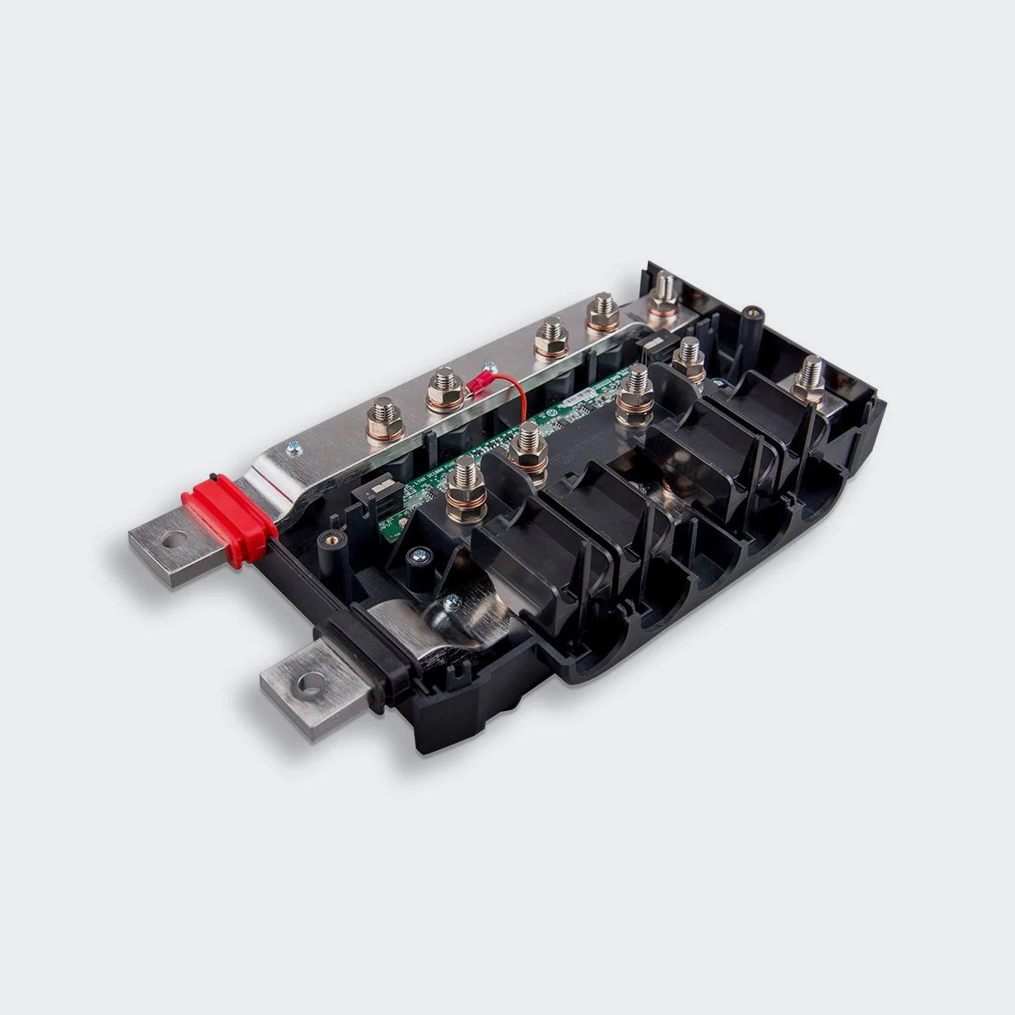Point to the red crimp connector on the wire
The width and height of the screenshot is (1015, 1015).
(479, 390)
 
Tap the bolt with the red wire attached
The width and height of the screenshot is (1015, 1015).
(443, 391)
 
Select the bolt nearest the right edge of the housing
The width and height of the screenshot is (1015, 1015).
(810, 380)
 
